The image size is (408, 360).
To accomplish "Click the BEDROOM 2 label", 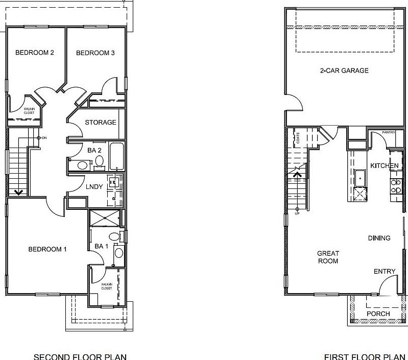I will click(35, 53).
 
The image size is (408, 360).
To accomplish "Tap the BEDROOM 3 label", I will click(95, 53).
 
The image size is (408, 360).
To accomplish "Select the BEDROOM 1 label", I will click(47, 249).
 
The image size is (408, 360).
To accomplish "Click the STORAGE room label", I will click(101, 123).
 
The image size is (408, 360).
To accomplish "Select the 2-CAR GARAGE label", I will click(341, 70).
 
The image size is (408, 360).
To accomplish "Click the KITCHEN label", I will click(384, 166).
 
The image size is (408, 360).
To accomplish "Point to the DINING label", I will click(379, 238).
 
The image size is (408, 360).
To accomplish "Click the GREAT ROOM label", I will click(328, 257).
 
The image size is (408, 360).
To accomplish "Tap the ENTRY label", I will click(384, 272).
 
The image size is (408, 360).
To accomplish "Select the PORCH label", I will click(378, 314).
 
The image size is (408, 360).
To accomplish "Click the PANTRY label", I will click(389, 132).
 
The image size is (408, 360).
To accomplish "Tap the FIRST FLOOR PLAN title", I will click(366, 356).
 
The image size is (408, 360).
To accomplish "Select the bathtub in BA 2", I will click(116, 156).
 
